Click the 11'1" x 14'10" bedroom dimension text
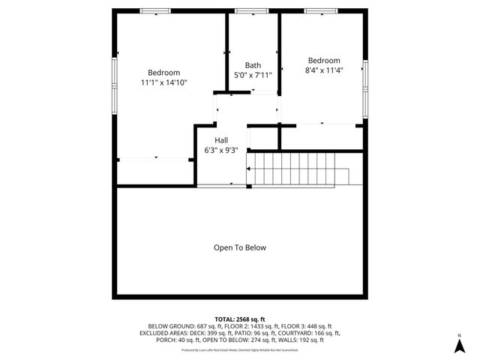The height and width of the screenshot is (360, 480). pyautogui.click(x=163, y=82)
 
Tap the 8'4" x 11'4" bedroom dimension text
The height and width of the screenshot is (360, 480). pyautogui.click(x=323, y=71)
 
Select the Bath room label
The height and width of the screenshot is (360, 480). pyautogui.click(x=253, y=65)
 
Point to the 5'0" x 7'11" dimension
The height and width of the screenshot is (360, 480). pyautogui.click(x=253, y=75)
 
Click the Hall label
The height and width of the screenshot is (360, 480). pyautogui.click(x=221, y=140)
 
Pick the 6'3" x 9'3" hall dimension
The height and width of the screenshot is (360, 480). pyautogui.click(x=221, y=150)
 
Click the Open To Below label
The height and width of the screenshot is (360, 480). pyautogui.click(x=240, y=247)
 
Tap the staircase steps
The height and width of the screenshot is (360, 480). pyautogui.click(x=300, y=169)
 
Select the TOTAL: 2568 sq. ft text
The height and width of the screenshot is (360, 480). pyautogui.click(x=240, y=318)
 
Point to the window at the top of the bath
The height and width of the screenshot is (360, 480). pyautogui.click(x=247, y=11)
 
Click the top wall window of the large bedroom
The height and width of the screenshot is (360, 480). pyautogui.click(x=154, y=11)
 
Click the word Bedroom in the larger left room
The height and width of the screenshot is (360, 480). pyautogui.click(x=163, y=73)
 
